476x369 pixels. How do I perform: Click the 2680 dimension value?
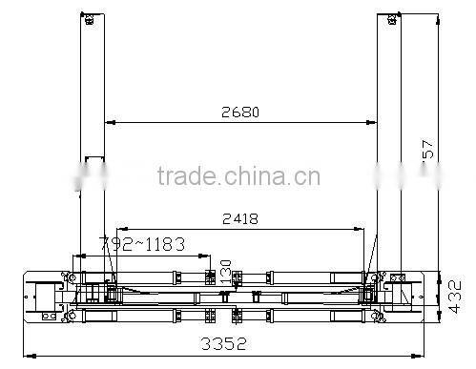click(x=239, y=112)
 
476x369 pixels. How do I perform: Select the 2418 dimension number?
click(x=239, y=218)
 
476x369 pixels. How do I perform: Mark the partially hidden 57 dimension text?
click(x=428, y=150)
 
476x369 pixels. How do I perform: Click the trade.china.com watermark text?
click(x=238, y=177)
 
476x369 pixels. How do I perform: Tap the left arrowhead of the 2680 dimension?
click(x=108, y=123)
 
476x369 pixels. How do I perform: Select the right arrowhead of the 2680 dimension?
click(x=372, y=123)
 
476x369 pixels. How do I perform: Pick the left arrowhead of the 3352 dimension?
click(x=26, y=355)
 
